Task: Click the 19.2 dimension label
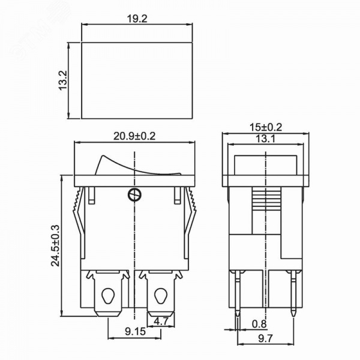point(137,19)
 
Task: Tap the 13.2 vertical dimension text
point(62,80)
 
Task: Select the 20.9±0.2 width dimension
point(134,136)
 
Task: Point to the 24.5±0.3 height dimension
point(55,245)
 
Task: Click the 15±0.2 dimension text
point(266,127)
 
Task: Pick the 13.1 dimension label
point(265,139)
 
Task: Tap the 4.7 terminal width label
point(161,321)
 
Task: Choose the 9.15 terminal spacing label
point(135,331)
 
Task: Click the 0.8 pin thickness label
point(259,324)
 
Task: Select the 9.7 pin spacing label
point(265,338)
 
